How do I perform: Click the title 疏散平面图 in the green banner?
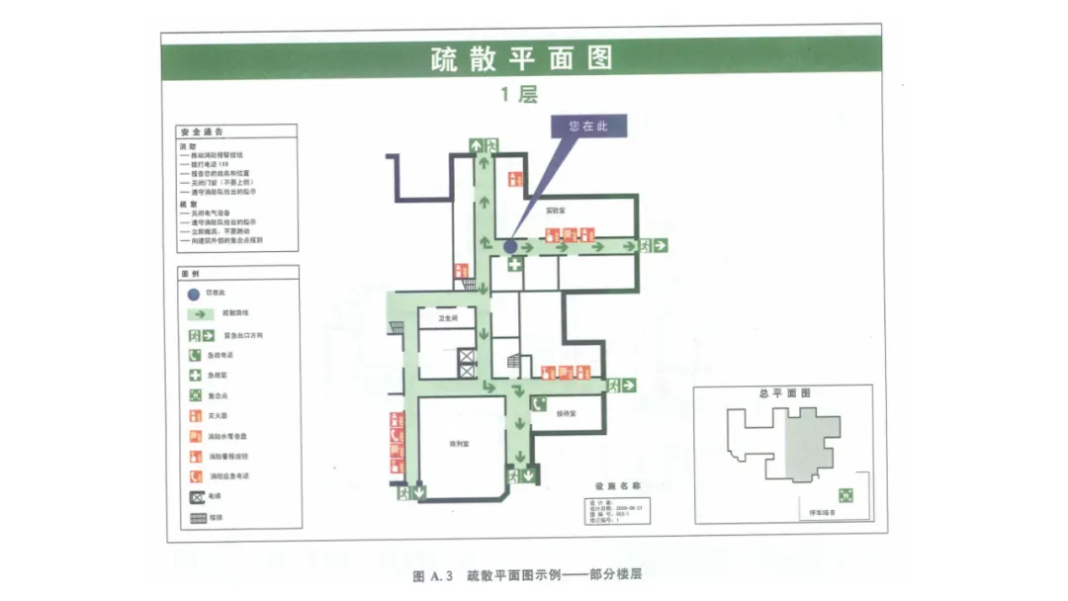[x=521, y=58]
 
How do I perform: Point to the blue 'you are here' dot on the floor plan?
[x=510, y=245]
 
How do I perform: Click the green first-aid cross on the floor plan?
[x=515, y=264]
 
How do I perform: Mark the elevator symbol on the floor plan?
[x=466, y=361]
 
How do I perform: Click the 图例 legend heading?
[x=190, y=273]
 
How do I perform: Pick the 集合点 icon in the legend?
[x=196, y=395]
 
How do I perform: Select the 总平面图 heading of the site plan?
[x=785, y=392]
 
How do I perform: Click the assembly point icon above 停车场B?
[x=845, y=494]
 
